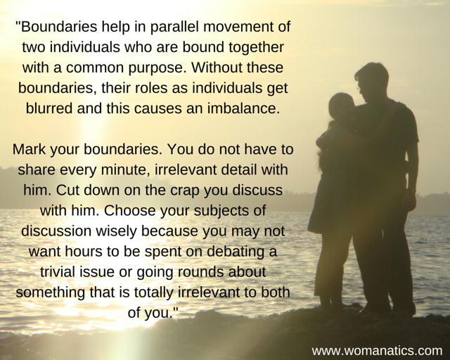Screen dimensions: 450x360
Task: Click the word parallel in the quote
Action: coord(174,27)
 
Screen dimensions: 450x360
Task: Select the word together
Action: coord(256,48)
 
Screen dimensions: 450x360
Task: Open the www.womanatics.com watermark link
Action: coord(377,351)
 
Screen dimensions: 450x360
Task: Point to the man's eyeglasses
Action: coord(358,89)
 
